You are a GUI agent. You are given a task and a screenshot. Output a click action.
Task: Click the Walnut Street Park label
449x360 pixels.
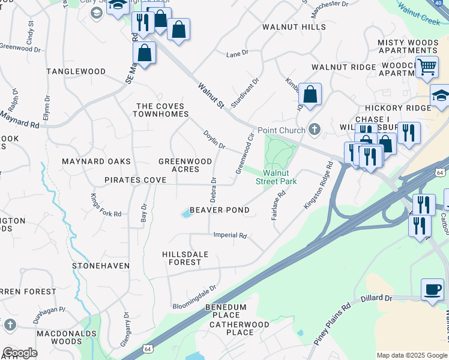tap(276, 177)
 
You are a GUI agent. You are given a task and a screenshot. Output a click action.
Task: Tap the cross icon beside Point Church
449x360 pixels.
tap(314, 130)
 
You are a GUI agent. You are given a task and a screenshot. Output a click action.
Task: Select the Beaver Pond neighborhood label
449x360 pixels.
tap(220, 211)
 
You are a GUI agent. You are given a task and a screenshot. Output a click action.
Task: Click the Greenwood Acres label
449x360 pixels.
tap(185, 166)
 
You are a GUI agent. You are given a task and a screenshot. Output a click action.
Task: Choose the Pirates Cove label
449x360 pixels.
tap(131, 180)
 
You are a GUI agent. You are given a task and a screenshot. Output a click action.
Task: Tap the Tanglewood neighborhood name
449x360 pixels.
tap(77, 71)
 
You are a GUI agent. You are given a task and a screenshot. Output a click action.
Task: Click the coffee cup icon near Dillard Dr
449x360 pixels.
tap(432, 289)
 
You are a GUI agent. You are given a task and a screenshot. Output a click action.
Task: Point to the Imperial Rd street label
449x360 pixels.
tap(230, 236)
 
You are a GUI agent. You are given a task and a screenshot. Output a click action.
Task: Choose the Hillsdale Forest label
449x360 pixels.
tap(185, 258)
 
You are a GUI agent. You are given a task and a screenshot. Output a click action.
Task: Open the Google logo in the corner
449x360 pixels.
tap(20, 353)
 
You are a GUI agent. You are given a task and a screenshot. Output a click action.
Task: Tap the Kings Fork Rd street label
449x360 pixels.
tap(105, 205)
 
